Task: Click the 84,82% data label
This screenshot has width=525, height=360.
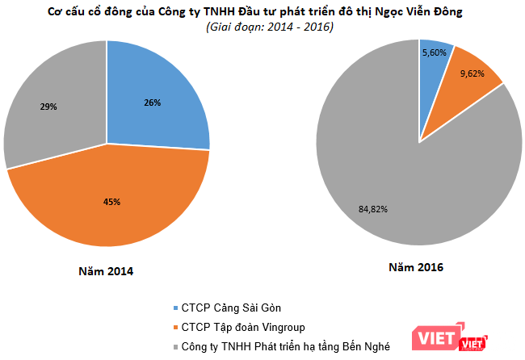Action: pyautogui.click(x=372, y=210)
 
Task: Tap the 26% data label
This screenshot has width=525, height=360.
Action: pyautogui.click(x=153, y=103)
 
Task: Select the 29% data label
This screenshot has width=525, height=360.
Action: pyautogui.click(x=48, y=106)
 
